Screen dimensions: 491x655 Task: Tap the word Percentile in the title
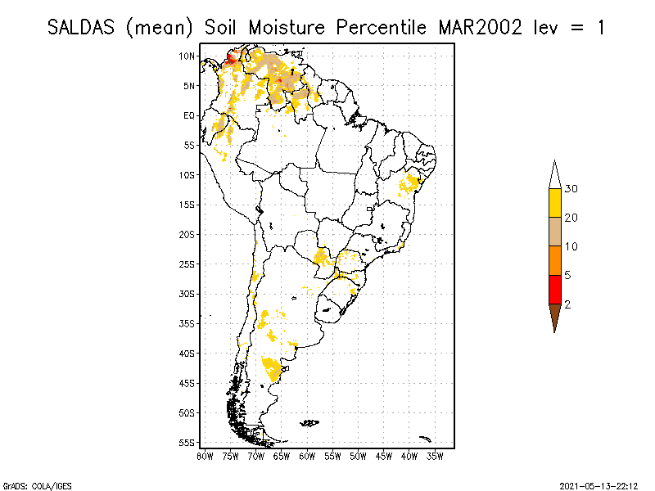[x=380, y=27]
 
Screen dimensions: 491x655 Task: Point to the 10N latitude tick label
[x=187, y=56]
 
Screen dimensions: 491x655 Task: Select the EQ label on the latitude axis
[x=189, y=115]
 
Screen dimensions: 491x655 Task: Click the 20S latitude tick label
[x=187, y=234]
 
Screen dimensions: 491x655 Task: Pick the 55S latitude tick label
[x=187, y=442]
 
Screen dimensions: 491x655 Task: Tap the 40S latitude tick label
[x=187, y=353]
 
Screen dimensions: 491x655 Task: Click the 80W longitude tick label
[x=205, y=455]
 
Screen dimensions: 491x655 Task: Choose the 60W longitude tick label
[x=307, y=455]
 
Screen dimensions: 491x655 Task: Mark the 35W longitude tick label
[x=435, y=455]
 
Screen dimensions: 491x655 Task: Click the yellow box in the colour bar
[x=554, y=203]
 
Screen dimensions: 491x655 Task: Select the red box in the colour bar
[x=554, y=289]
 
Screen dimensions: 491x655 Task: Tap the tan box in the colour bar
[x=554, y=232]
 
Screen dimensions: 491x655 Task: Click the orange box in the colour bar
[x=554, y=260]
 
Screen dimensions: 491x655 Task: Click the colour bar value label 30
[x=571, y=189]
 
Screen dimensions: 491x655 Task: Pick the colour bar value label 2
[x=568, y=304]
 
